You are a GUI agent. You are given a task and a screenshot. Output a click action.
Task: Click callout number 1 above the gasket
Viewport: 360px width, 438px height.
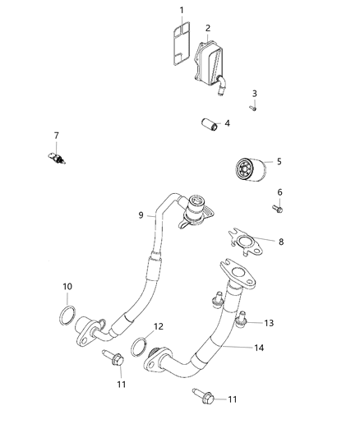(x=182, y=11)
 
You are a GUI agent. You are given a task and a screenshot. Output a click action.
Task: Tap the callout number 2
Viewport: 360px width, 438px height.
(x=208, y=28)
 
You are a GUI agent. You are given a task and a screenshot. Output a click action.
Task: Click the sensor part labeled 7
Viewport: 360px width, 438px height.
(x=57, y=155)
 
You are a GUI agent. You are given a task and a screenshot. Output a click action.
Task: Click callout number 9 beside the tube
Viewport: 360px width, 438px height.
(x=141, y=215)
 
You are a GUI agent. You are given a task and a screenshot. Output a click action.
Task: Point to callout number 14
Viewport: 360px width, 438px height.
(x=260, y=348)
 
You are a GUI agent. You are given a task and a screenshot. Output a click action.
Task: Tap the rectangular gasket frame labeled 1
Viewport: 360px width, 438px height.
(x=176, y=42)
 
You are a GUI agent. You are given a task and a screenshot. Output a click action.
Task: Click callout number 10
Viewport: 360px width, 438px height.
(x=67, y=286)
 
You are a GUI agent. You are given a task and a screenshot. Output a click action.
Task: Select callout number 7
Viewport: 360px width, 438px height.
(x=57, y=135)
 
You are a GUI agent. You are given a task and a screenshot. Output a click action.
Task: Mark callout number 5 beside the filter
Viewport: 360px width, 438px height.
(x=279, y=162)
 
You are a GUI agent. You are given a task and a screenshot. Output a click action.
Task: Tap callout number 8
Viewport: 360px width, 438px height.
(x=281, y=242)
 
